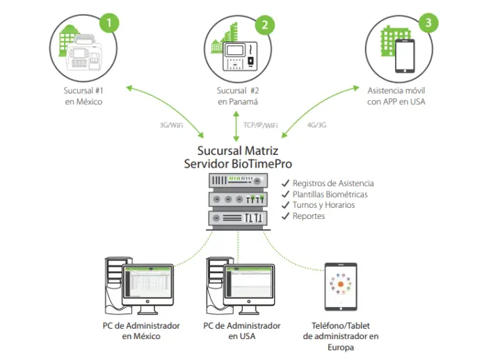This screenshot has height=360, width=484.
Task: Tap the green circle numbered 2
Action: [263, 25]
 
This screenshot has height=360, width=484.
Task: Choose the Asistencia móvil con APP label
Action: [396, 96]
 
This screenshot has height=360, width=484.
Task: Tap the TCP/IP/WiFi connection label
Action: [261, 125]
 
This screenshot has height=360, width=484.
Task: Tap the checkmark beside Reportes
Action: [285, 216]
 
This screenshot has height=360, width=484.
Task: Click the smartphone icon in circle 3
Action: [404, 56]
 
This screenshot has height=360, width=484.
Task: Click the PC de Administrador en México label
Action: [141, 331]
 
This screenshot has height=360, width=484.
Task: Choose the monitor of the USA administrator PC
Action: [251, 286]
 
